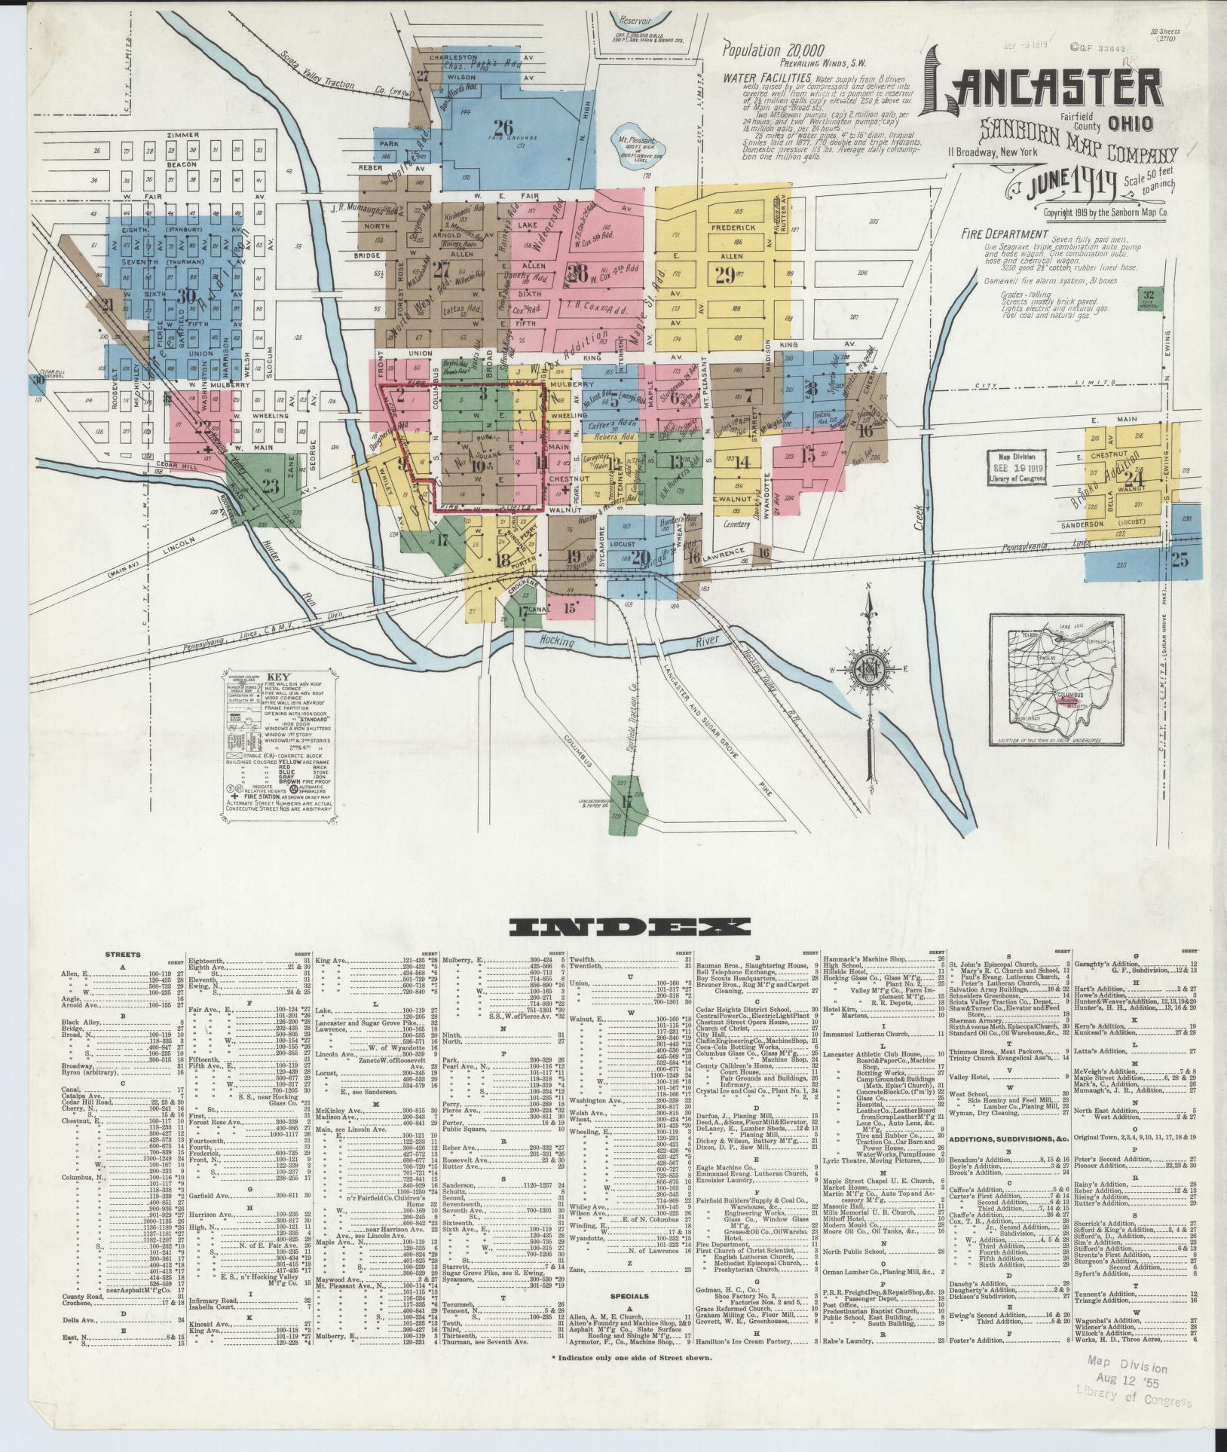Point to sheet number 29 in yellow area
(x=725, y=275)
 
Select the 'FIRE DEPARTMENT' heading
(x=1005, y=234)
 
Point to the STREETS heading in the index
(x=124, y=955)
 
